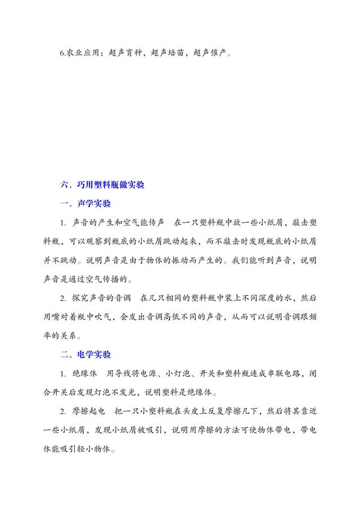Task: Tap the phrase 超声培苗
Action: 171,53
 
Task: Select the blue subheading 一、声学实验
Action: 87,203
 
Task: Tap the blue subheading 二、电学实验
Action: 87,354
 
